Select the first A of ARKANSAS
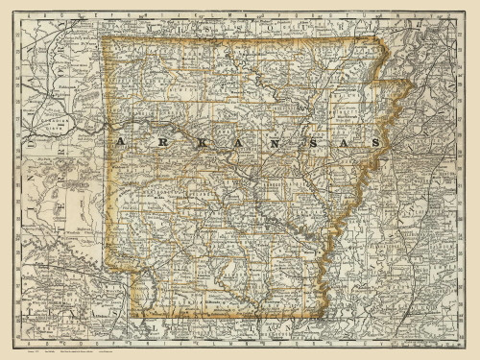tap(119, 142)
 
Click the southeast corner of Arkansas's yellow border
tap(324, 314)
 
